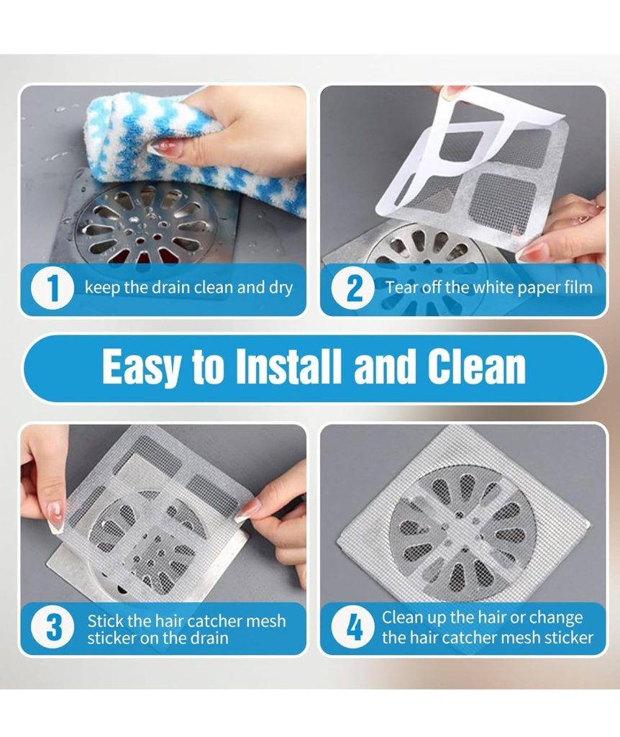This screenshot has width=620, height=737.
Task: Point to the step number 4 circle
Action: coord(355,628)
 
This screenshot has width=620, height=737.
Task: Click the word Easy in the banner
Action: coord(141,368)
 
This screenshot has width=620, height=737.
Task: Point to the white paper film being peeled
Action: coord(460,151)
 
